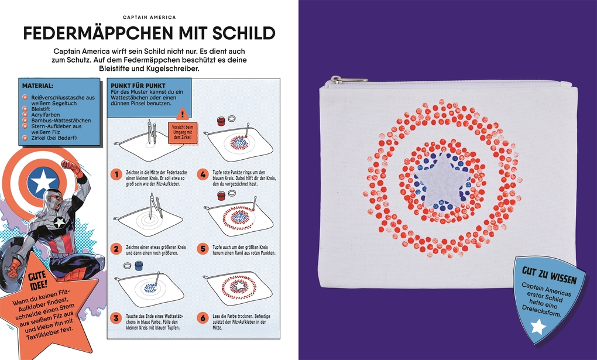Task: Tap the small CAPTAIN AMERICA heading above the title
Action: (150, 18)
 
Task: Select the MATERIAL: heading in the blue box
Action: (38, 85)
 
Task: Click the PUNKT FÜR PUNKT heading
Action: (133, 85)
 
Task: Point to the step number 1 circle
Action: (117, 174)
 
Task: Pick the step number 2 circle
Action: (117, 248)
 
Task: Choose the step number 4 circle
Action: (203, 174)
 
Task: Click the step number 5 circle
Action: (203, 248)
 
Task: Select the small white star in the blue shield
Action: (538, 327)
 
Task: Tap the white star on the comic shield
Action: (43, 181)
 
